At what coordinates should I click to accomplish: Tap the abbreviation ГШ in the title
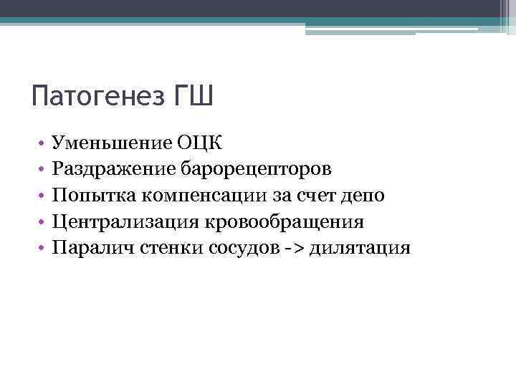point(194,95)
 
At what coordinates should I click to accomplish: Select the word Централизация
point(126,222)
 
